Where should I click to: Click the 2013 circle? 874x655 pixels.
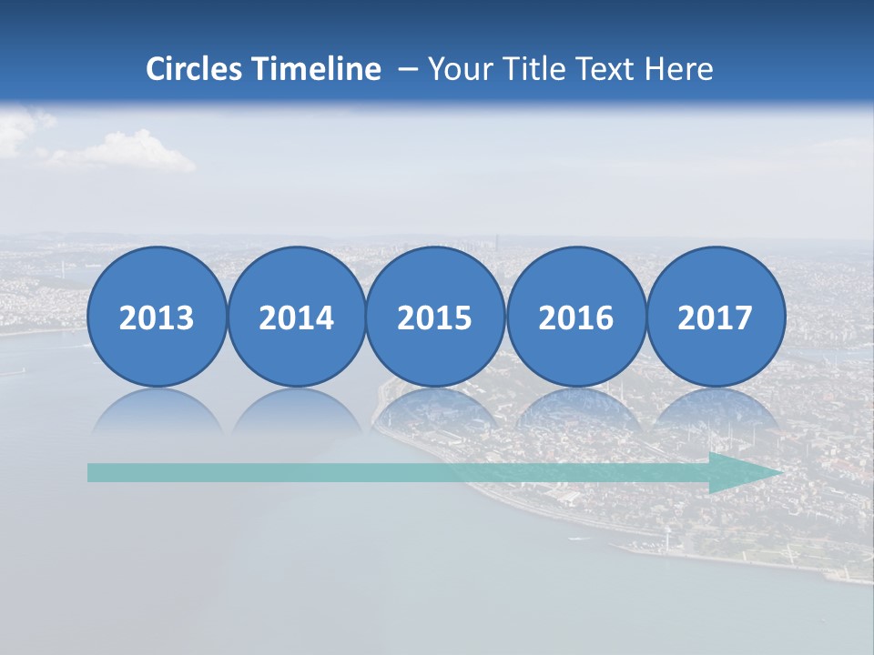click(157, 317)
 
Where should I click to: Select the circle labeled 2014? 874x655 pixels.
click(296, 317)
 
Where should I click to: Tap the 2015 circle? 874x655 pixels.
click(435, 317)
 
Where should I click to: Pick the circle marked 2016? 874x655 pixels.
click(575, 317)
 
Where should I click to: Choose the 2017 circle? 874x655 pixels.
click(715, 317)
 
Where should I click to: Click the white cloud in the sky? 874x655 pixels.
click(127, 153)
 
